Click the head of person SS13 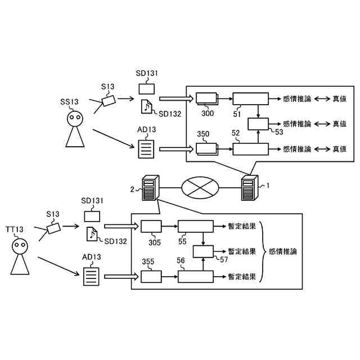75,119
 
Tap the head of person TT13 20,246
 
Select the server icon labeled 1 250,187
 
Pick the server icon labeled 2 150,187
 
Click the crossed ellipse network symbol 200,188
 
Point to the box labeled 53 258,124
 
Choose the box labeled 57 203,251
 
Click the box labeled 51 251,99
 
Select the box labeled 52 251,149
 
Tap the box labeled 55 196,226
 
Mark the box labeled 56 196,277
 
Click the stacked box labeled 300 207,99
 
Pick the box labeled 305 151,226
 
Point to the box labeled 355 151,277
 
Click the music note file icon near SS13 146,106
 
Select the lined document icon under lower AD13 91,277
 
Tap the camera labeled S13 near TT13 54,228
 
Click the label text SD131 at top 147,74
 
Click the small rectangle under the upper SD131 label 146,89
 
